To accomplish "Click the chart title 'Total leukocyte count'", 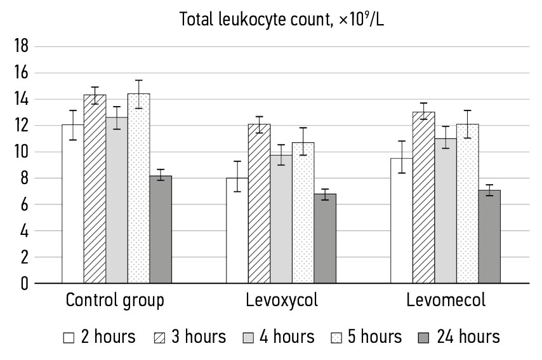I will pos(282,20).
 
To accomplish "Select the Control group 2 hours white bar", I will pos(73,203).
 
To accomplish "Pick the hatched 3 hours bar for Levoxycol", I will pos(259,203).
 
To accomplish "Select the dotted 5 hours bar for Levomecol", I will pos(467,203).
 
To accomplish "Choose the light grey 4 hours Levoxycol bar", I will pos(281,219).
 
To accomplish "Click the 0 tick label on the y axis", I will pos(23,283).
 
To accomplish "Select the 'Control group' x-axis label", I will pos(115,300).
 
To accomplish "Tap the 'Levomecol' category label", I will pos(446,300).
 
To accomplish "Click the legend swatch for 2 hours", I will pos(69,338).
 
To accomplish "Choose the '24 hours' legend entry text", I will pos(466,337).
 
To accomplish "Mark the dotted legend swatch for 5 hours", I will pos(337,338).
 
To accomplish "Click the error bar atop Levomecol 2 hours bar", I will pos(401,158).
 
